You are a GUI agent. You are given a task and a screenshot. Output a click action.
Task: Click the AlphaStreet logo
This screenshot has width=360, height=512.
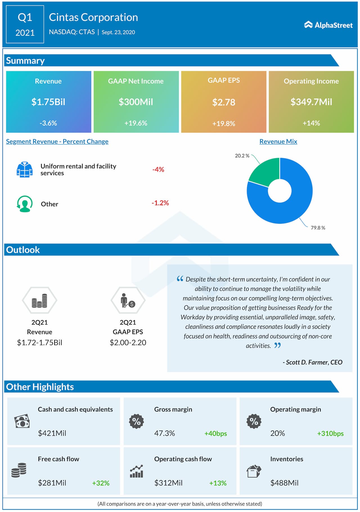(328, 25)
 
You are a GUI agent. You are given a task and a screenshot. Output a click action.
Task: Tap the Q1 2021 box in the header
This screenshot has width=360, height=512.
(25, 24)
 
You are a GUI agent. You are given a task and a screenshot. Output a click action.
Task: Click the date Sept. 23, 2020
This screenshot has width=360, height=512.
(118, 32)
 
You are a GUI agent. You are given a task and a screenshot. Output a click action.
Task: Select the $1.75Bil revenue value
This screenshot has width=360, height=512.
(48, 102)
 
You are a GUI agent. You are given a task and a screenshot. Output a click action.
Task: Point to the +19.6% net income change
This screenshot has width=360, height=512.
(136, 123)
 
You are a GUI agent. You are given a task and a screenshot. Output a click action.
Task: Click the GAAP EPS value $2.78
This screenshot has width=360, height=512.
(224, 102)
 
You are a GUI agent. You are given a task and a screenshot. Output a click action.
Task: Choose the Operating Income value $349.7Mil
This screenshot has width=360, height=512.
(311, 102)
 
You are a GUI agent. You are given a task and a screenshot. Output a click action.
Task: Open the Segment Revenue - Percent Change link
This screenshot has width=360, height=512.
(57, 142)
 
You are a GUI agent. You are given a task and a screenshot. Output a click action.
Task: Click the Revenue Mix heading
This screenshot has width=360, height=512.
(278, 142)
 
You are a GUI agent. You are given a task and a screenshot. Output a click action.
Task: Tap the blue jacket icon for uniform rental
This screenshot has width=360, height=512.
(24, 169)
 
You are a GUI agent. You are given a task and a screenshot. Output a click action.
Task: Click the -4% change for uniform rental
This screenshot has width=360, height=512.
(158, 169)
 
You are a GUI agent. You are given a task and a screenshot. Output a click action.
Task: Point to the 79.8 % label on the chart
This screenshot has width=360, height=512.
(318, 228)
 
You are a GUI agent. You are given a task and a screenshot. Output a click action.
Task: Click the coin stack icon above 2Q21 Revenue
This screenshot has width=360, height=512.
(39, 301)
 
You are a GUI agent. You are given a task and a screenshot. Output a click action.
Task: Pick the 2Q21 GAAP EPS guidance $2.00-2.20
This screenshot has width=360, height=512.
(128, 343)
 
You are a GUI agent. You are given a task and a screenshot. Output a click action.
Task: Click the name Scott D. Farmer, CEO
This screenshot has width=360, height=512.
(312, 362)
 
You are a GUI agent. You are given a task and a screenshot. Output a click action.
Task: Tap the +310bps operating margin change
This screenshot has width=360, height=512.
(330, 433)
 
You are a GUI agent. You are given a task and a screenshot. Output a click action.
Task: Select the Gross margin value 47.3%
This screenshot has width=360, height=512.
(165, 433)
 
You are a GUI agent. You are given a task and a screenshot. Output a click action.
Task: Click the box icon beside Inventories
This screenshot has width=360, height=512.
(254, 471)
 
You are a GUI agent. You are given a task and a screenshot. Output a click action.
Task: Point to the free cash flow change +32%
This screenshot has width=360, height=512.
(101, 483)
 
